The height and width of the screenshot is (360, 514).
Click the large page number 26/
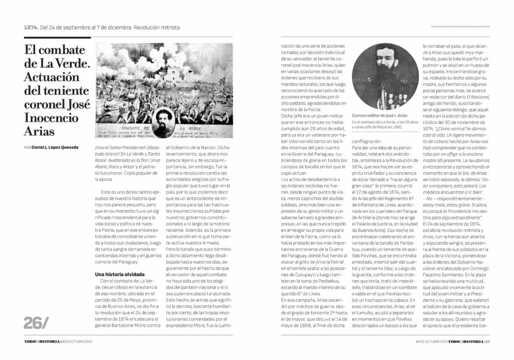click(x=36, y=323)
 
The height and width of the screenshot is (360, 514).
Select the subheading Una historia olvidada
click(x=120, y=274)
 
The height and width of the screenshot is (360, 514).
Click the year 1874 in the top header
click(x=31, y=27)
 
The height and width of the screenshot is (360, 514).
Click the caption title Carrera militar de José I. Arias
click(x=378, y=116)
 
